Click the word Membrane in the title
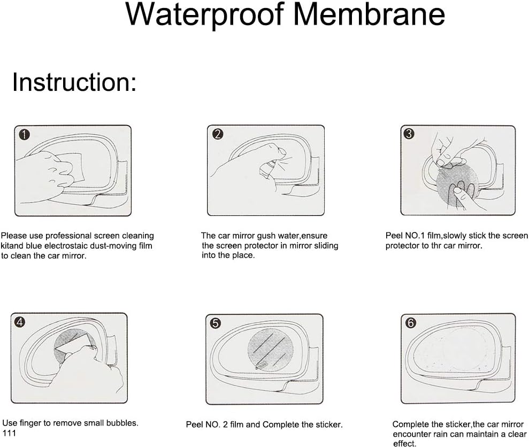tap(369, 14)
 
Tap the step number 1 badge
tap(24, 135)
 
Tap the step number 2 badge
tap(217, 134)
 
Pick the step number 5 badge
tap(215, 323)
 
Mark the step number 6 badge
tap(410, 323)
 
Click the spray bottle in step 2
tap(267, 169)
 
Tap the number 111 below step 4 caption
tap(9, 432)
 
